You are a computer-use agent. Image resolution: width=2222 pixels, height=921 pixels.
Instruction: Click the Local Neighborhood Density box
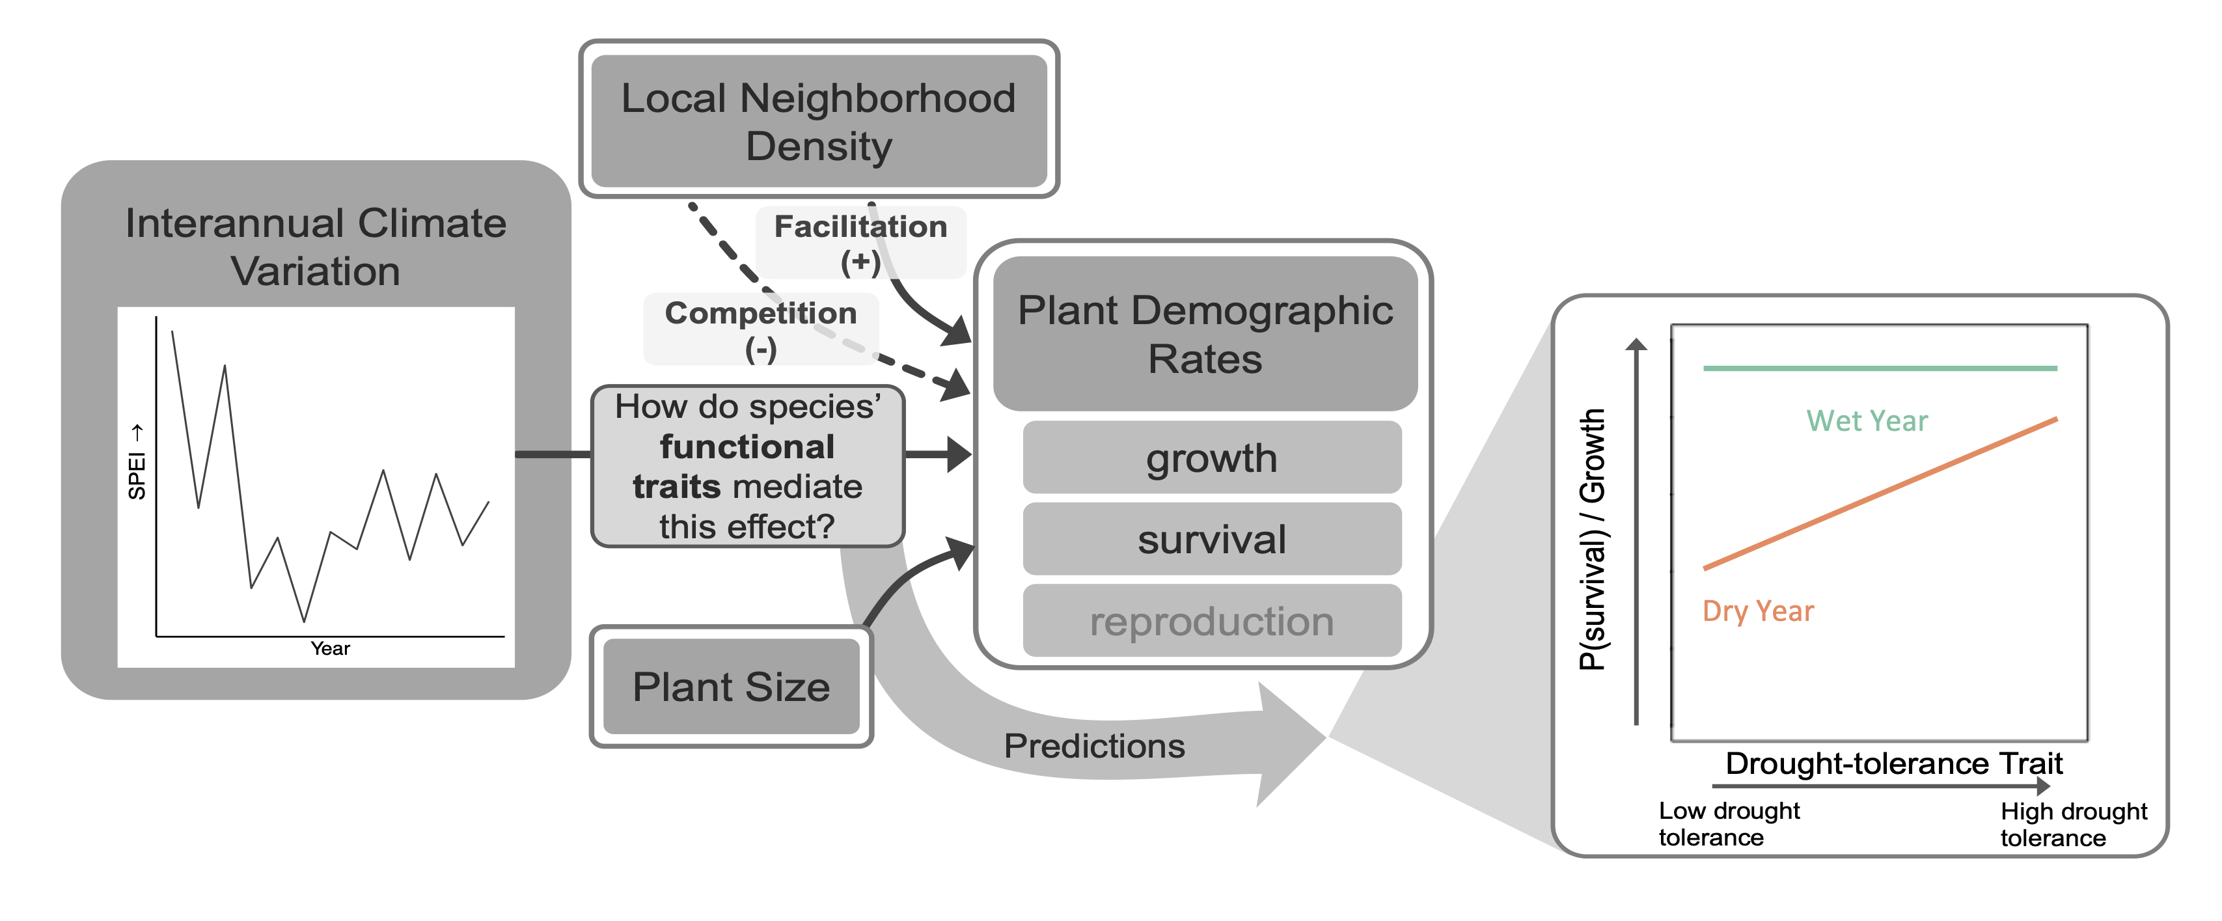coord(817,120)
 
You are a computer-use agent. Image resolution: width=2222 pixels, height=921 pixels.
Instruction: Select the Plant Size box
coord(731,687)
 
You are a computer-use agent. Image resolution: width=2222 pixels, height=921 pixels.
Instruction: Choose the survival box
coord(1211,540)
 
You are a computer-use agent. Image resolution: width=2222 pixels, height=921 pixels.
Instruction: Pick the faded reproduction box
coord(1211,622)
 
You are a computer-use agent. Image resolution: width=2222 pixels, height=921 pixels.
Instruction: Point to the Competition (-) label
coord(761,329)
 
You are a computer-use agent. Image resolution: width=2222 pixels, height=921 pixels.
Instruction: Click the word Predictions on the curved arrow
coord(1093,746)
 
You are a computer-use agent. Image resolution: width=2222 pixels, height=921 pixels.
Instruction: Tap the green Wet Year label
coord(1867,421)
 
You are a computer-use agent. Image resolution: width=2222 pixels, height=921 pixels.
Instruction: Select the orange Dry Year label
coord(1758,611)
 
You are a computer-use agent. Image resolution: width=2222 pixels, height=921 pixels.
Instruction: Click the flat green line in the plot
coord(1880,368)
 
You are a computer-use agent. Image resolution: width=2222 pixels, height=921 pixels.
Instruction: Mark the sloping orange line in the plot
coord(1880,494)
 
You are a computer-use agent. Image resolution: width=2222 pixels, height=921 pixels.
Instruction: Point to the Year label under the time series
coord(331,648)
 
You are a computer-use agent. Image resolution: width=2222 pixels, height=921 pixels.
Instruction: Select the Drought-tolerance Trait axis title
coord(1893,763)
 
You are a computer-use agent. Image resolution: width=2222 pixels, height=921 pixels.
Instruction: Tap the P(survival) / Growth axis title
coord(1593,539)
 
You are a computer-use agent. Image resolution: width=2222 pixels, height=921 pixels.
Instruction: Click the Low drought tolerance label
coord(1729,823)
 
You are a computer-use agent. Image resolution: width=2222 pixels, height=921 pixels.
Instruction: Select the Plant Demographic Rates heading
coord(1205,334)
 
